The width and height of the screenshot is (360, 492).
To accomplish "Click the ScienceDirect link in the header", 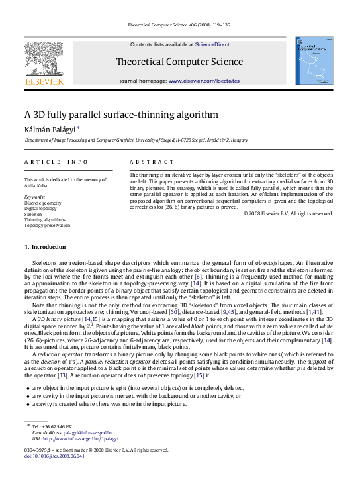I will tap(212, 44).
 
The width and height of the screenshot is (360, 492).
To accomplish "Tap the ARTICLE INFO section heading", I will tap(56, 162).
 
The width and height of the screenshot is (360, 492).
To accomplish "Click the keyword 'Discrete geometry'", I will tap(42, 203).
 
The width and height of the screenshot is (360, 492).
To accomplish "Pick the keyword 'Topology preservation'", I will tap(47, 226).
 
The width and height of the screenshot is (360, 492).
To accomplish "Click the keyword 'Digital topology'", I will tap(40, 209).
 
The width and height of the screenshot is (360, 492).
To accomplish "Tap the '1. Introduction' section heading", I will tap(45, 247).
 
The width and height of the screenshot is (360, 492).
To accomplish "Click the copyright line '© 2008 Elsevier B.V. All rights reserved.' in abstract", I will tap(288, 213).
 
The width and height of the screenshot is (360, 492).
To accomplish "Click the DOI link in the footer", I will tap(54, 456).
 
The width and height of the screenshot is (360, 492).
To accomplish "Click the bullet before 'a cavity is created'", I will tap(26, 404).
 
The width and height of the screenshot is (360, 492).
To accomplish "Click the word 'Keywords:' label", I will tap(34, 197).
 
